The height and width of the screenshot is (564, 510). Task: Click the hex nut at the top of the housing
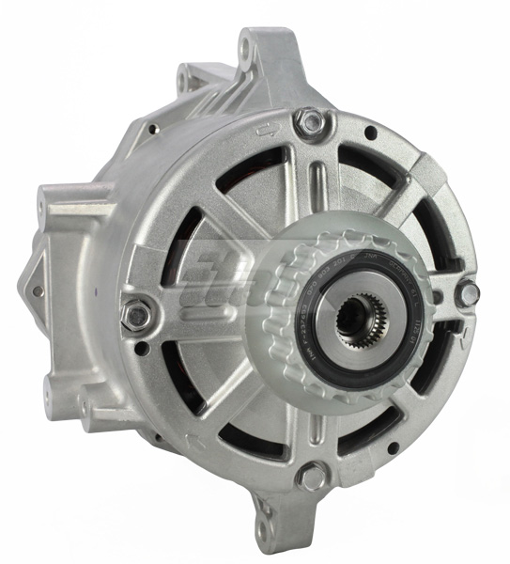[309, 121]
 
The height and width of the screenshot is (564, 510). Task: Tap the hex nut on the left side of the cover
[137, 314]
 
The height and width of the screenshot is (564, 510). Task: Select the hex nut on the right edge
[467, 293]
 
